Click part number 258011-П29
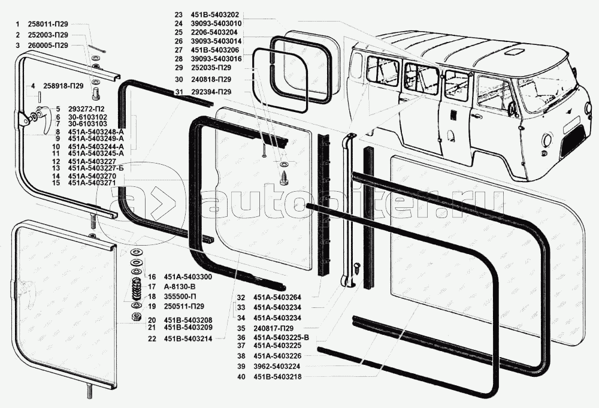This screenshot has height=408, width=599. point(48,24)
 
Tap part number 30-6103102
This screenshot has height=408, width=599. point(87,117)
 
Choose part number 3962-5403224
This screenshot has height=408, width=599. point(277,366)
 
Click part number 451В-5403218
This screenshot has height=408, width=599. point(277,377)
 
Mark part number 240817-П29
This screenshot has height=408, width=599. point(273,328)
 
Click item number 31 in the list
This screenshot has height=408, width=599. point(179,92)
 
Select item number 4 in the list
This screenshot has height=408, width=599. point(33,86)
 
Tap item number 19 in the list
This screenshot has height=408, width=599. point(152,306)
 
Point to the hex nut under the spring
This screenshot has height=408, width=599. point(135,317)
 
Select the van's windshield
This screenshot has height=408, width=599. point(546,92)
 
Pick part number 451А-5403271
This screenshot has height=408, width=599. point(92,183)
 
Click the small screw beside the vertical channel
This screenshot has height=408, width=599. point(357,267)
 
